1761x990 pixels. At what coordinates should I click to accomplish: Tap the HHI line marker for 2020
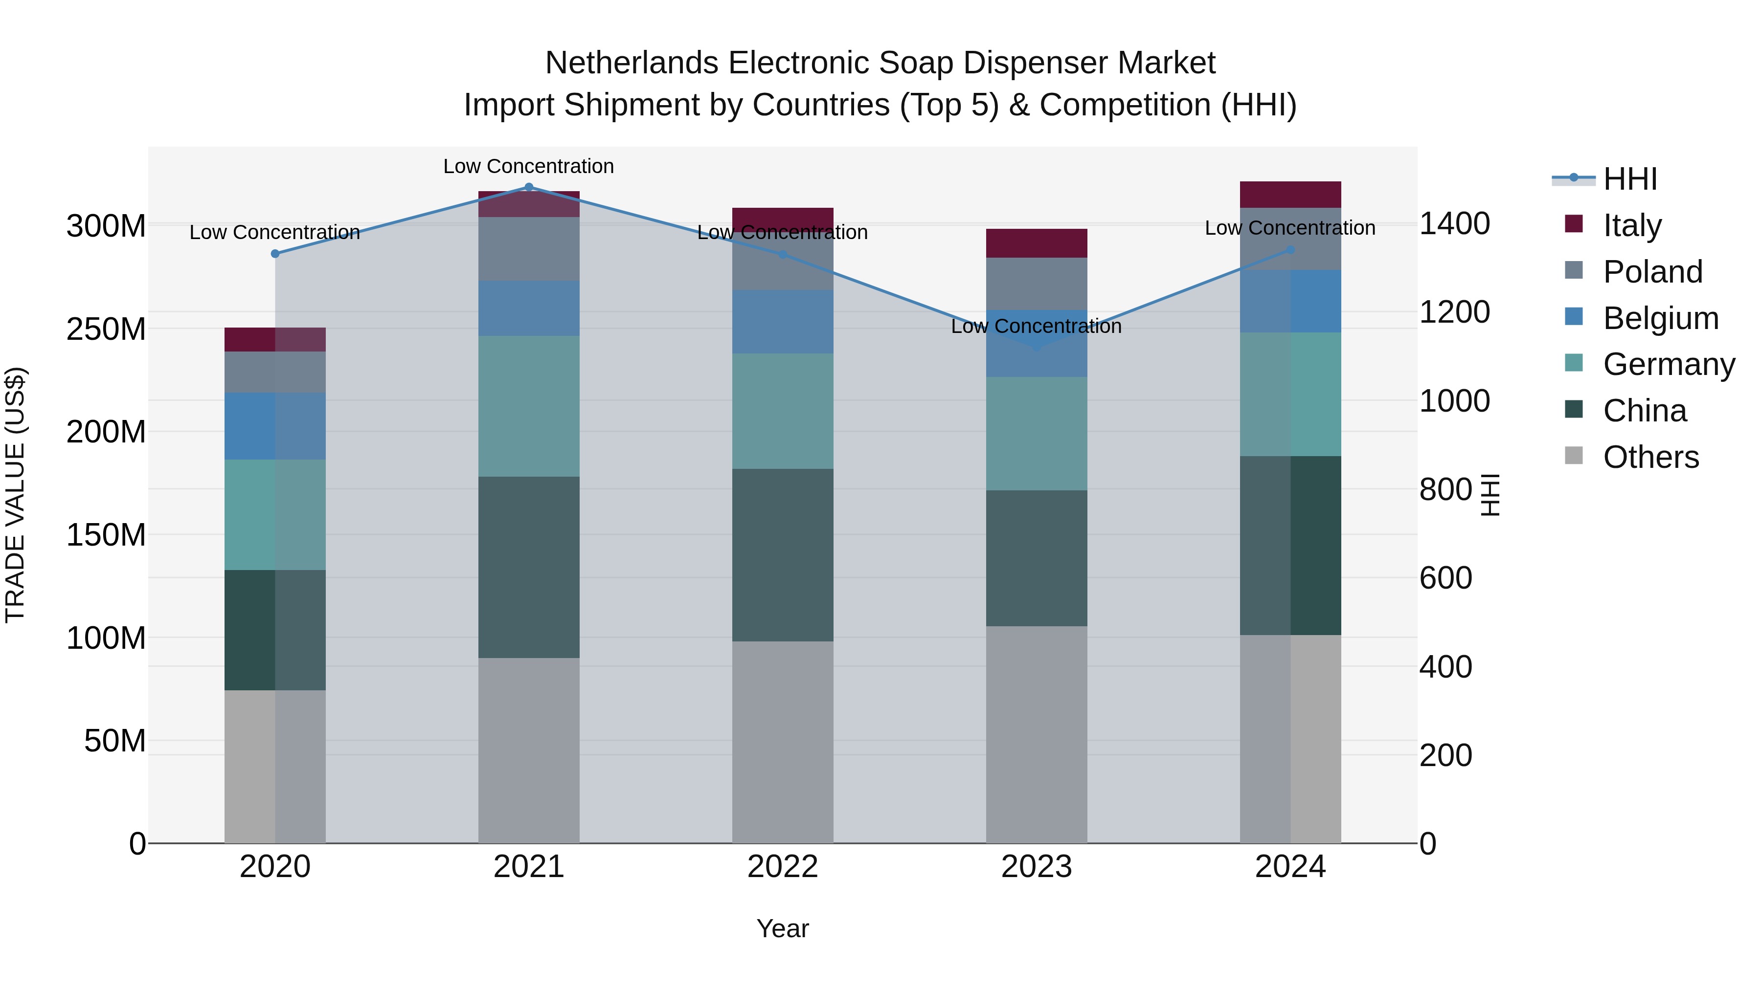[275, 253]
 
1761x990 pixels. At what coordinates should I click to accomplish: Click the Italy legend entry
[1632, 225]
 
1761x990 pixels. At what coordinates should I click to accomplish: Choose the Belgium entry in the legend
[1661, 318]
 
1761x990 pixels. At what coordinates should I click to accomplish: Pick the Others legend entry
[1650, 457]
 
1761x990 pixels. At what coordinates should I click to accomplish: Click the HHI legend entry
[1630, 179]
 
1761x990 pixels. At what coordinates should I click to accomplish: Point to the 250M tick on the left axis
[106, 330]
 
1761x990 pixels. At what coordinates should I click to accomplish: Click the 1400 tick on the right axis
[1455, 224]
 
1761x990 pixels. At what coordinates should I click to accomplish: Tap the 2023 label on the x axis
[1037, 867]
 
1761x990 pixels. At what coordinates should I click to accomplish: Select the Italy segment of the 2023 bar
[1037, 243]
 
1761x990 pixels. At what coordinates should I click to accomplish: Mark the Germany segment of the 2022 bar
[783, 411]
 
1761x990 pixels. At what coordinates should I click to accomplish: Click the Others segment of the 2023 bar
[1037, 734]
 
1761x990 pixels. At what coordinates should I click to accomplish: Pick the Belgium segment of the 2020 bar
[275, 426]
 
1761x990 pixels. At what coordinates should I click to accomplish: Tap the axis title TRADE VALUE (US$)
[15, 495]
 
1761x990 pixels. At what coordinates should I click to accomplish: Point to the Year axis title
[783, 928]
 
